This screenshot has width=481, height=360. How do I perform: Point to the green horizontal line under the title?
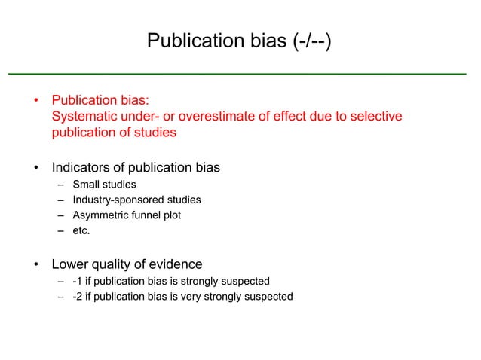tap(237, 74)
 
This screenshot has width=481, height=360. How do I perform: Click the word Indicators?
tap(81, 167)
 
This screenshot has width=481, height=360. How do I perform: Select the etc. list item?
tap(81, 230)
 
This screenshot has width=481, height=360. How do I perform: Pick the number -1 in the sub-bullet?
tap(78, 282)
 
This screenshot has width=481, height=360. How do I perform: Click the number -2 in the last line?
tap(78, 297)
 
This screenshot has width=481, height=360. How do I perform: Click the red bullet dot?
tap(35, 101)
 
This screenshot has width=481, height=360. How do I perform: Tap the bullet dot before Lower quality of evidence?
tap(35, 265)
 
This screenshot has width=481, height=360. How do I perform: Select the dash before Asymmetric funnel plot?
tap(60, 215)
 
